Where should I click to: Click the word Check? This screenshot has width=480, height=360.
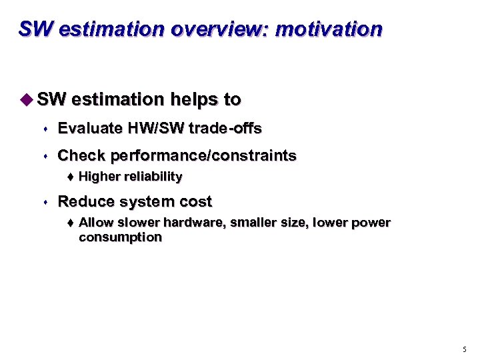81,156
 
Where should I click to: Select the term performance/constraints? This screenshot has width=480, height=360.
203,156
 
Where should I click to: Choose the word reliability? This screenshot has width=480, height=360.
151,177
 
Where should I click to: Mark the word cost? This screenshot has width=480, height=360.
196,201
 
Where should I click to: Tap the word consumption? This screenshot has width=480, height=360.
120,237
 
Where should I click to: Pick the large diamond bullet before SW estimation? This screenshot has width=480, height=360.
25,99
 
